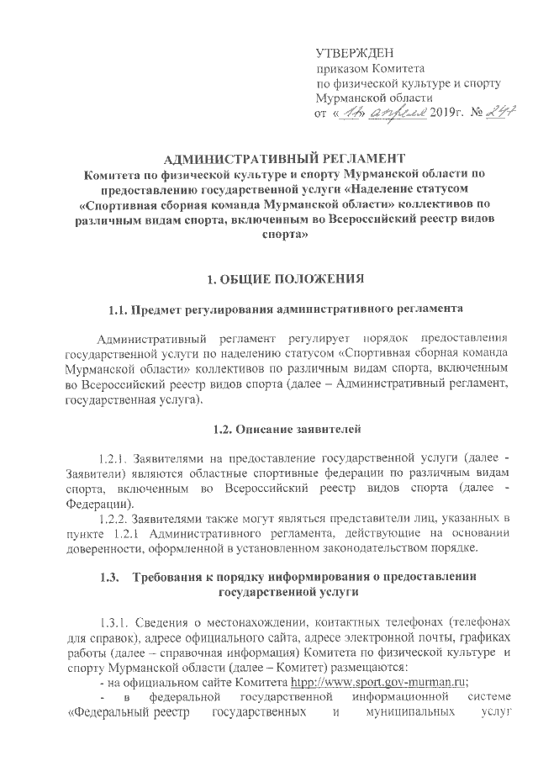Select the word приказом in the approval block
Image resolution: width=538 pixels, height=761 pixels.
click(340, 68)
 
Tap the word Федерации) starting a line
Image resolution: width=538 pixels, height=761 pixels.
click(95, 503)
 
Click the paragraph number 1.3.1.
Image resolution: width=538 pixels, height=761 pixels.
click(115, 624)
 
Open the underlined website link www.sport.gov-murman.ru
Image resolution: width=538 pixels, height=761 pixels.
click(394, 682)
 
